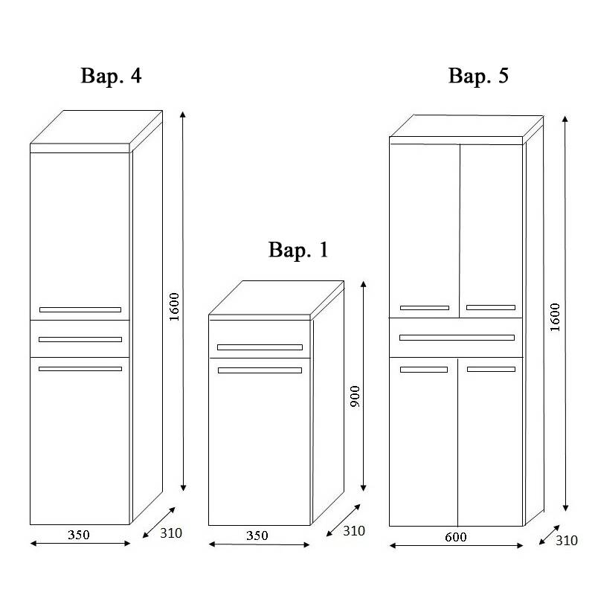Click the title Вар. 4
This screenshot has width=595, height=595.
(x=110, y=76)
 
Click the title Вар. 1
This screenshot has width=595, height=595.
(x=297, y=251)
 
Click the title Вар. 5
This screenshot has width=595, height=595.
(x=478, y=76)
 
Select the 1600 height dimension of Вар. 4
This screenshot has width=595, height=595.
(x=174, y=306)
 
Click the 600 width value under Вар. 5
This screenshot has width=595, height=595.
(x=456, y=537)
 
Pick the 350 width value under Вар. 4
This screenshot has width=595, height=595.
(x=80, y=534)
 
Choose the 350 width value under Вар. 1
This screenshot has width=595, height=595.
(x=257, y=535)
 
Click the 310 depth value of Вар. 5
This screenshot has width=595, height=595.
(x=567, y=541)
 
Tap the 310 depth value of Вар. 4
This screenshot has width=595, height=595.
(x=170, y=533)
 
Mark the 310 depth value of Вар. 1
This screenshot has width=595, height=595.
(x=353, y=531)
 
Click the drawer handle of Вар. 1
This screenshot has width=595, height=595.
(x=260, y=347)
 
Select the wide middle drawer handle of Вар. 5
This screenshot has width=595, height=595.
(x=457, y=338)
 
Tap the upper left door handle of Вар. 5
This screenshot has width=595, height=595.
(x=424, y=307)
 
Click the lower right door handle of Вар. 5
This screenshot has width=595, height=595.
(x=491, y=369)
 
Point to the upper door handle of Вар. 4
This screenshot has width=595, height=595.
(x=80, y=309)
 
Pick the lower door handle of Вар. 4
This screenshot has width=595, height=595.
(x=80, y=369)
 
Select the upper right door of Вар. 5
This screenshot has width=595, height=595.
(x=490, y=223)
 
